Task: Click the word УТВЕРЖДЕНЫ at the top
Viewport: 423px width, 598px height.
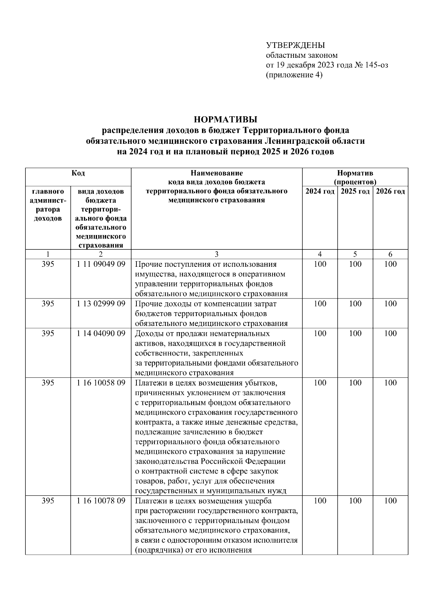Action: click(295, 45)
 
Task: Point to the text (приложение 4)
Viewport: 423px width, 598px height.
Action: click(294, 75)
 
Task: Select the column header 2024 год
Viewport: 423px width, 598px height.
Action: click(320, 191)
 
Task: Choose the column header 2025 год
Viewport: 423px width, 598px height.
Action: click(355, 191)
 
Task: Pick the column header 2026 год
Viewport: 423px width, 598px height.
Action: click(390, 191)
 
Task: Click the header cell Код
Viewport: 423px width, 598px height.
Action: click(78, 173)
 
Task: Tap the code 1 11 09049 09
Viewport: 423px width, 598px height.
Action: click(101, 264)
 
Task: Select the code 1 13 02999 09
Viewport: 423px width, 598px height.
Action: click(101, 304)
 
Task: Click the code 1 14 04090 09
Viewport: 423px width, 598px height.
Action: click(101, 333)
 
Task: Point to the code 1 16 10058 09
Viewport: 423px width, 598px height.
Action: click(101, 383)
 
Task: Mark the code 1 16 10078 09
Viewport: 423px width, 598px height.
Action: click(101, 501)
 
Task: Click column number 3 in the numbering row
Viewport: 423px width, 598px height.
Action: click(216, 254)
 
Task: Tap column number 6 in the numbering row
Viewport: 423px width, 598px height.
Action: click(390, 254)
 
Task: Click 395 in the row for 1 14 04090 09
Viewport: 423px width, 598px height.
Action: click(48, 333)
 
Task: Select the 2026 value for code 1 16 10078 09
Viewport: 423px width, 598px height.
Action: click(390, 501)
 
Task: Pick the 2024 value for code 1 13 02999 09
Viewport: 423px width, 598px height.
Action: click(320, 304)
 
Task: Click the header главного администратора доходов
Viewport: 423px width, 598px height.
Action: click(48, 205)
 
